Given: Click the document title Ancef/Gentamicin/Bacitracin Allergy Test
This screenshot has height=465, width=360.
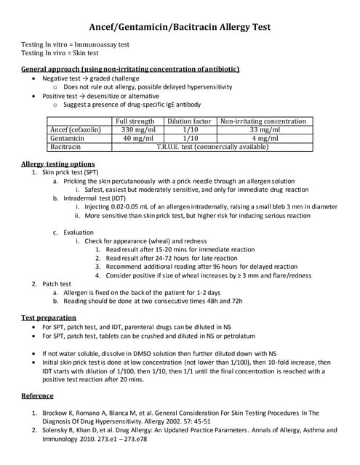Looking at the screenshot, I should pyautogui.click(x=180, y=27).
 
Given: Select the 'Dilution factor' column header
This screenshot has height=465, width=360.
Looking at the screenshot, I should pyautogui.click(x=189, y=121).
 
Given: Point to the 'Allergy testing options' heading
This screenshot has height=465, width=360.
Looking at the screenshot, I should pyautogui.click(x=57, y=163).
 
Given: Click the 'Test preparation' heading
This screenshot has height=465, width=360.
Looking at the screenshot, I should pyautogui.click(x=49, y=318).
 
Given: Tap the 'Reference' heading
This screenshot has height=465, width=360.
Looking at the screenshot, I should pyautogui.click(x=37, y=395).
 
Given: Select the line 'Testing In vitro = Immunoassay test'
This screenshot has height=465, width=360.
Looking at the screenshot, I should pyautogui.click(x=75, y=44).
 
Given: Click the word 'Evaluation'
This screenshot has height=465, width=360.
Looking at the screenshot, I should pyautogui.click(x=79, y=232).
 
